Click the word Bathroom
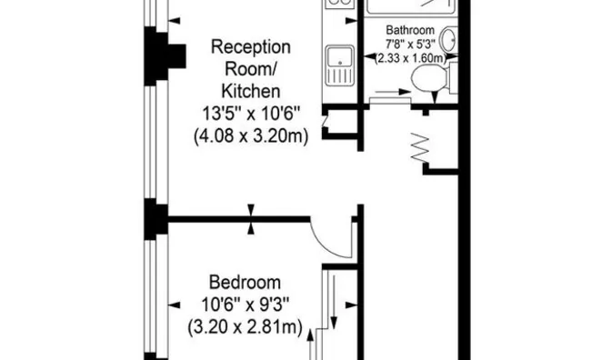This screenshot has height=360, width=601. pos(410,30)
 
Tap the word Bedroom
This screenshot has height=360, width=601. pos(245,283)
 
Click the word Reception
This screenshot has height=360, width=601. pos(251,47)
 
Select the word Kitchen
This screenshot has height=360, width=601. pos(251,91)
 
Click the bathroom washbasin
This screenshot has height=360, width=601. pos(448,39)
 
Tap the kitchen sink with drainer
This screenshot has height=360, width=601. pos(340,65)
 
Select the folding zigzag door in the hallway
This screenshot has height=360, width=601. pos(420,146)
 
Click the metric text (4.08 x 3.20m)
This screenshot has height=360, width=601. pos(251,136)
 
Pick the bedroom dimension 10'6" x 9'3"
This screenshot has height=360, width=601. pos(245,305)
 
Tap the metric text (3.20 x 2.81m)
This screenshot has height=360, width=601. pos(245,327)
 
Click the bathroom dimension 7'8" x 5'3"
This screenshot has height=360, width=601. pos(410,44)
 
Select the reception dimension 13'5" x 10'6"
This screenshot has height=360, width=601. pos(251,114)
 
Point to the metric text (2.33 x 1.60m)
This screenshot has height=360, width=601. pos(411,58)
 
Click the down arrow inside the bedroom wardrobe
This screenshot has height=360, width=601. pos(334,302)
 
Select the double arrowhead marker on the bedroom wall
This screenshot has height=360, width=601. pos(251,219)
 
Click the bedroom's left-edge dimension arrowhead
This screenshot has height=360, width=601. pos(175,305)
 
